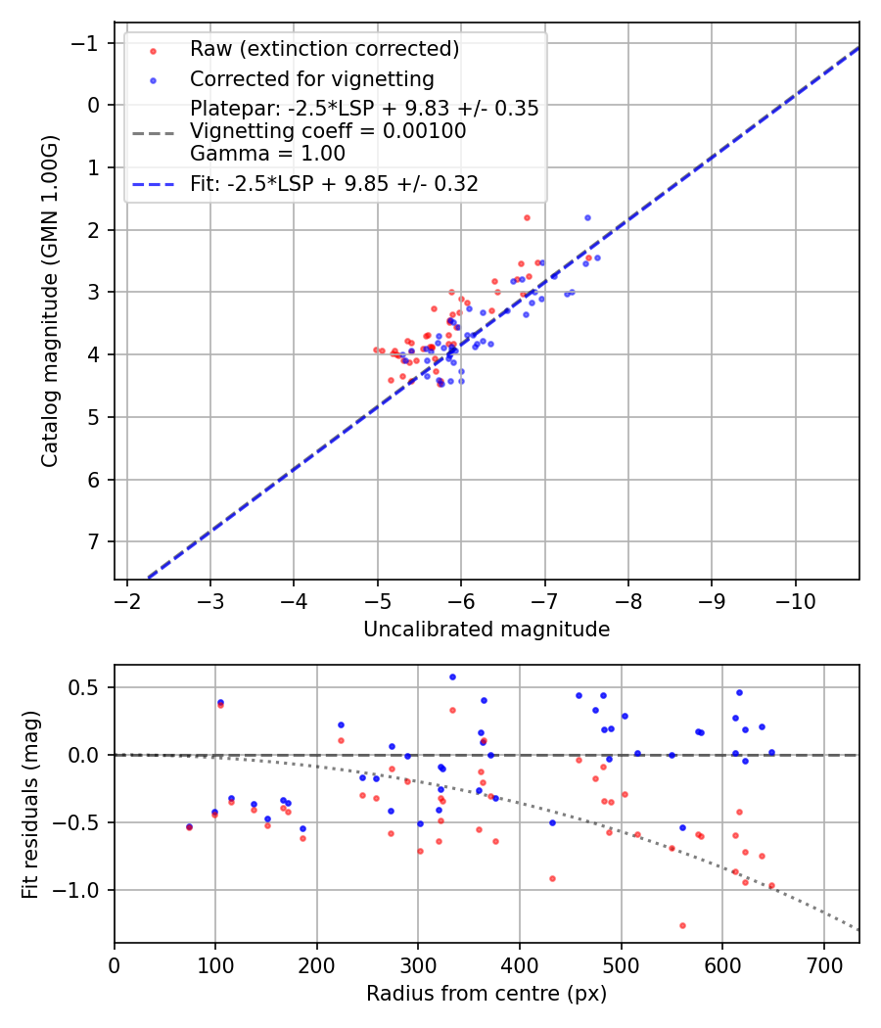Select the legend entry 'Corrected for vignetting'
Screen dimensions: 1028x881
311,78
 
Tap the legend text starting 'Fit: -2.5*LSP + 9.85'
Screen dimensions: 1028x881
334,183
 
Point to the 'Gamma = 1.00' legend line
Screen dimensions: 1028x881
267,153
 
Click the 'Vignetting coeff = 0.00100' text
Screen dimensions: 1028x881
328,131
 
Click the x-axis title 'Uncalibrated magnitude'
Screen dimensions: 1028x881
487,630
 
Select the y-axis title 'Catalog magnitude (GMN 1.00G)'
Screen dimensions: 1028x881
50,300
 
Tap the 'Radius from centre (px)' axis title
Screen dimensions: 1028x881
487,994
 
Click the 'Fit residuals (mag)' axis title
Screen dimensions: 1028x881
30,803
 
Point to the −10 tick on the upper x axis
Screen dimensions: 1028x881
794,599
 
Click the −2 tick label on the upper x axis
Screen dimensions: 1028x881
126,599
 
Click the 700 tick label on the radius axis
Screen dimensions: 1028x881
823,963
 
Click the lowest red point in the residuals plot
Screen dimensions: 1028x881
682,925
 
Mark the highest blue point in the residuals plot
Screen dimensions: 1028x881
452,677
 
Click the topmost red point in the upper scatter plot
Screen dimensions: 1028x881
527,217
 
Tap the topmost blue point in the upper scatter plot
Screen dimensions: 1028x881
587,217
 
